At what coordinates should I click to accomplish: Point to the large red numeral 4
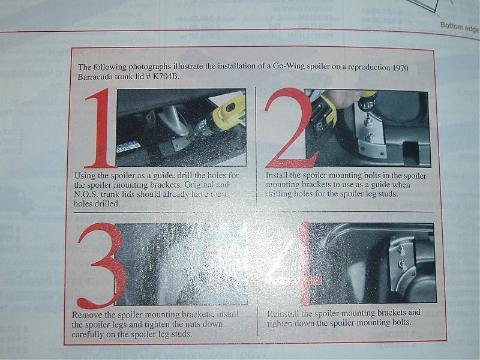[292, 264]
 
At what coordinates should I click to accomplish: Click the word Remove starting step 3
[88, 314]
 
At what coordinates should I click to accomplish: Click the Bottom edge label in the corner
[460, 26]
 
